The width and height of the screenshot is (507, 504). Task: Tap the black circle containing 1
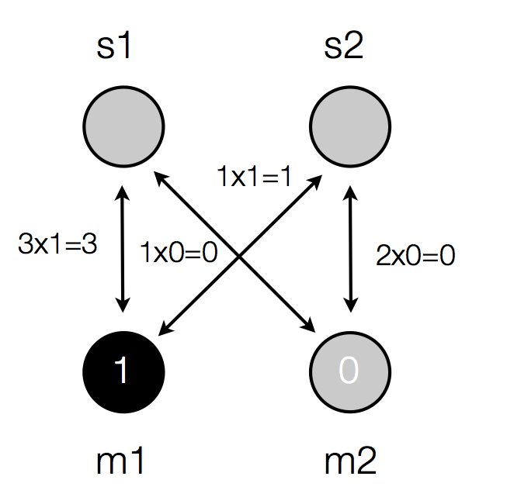[x=123, y=371]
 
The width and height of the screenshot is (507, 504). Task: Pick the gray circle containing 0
[x=350, y=371]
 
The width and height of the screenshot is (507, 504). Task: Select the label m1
[x=121, y=462]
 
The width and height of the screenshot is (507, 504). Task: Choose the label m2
[x=351, y=462]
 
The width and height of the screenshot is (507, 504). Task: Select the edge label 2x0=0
[x=415, y=257]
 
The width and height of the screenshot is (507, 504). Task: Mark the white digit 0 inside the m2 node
[x=349, y=372]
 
